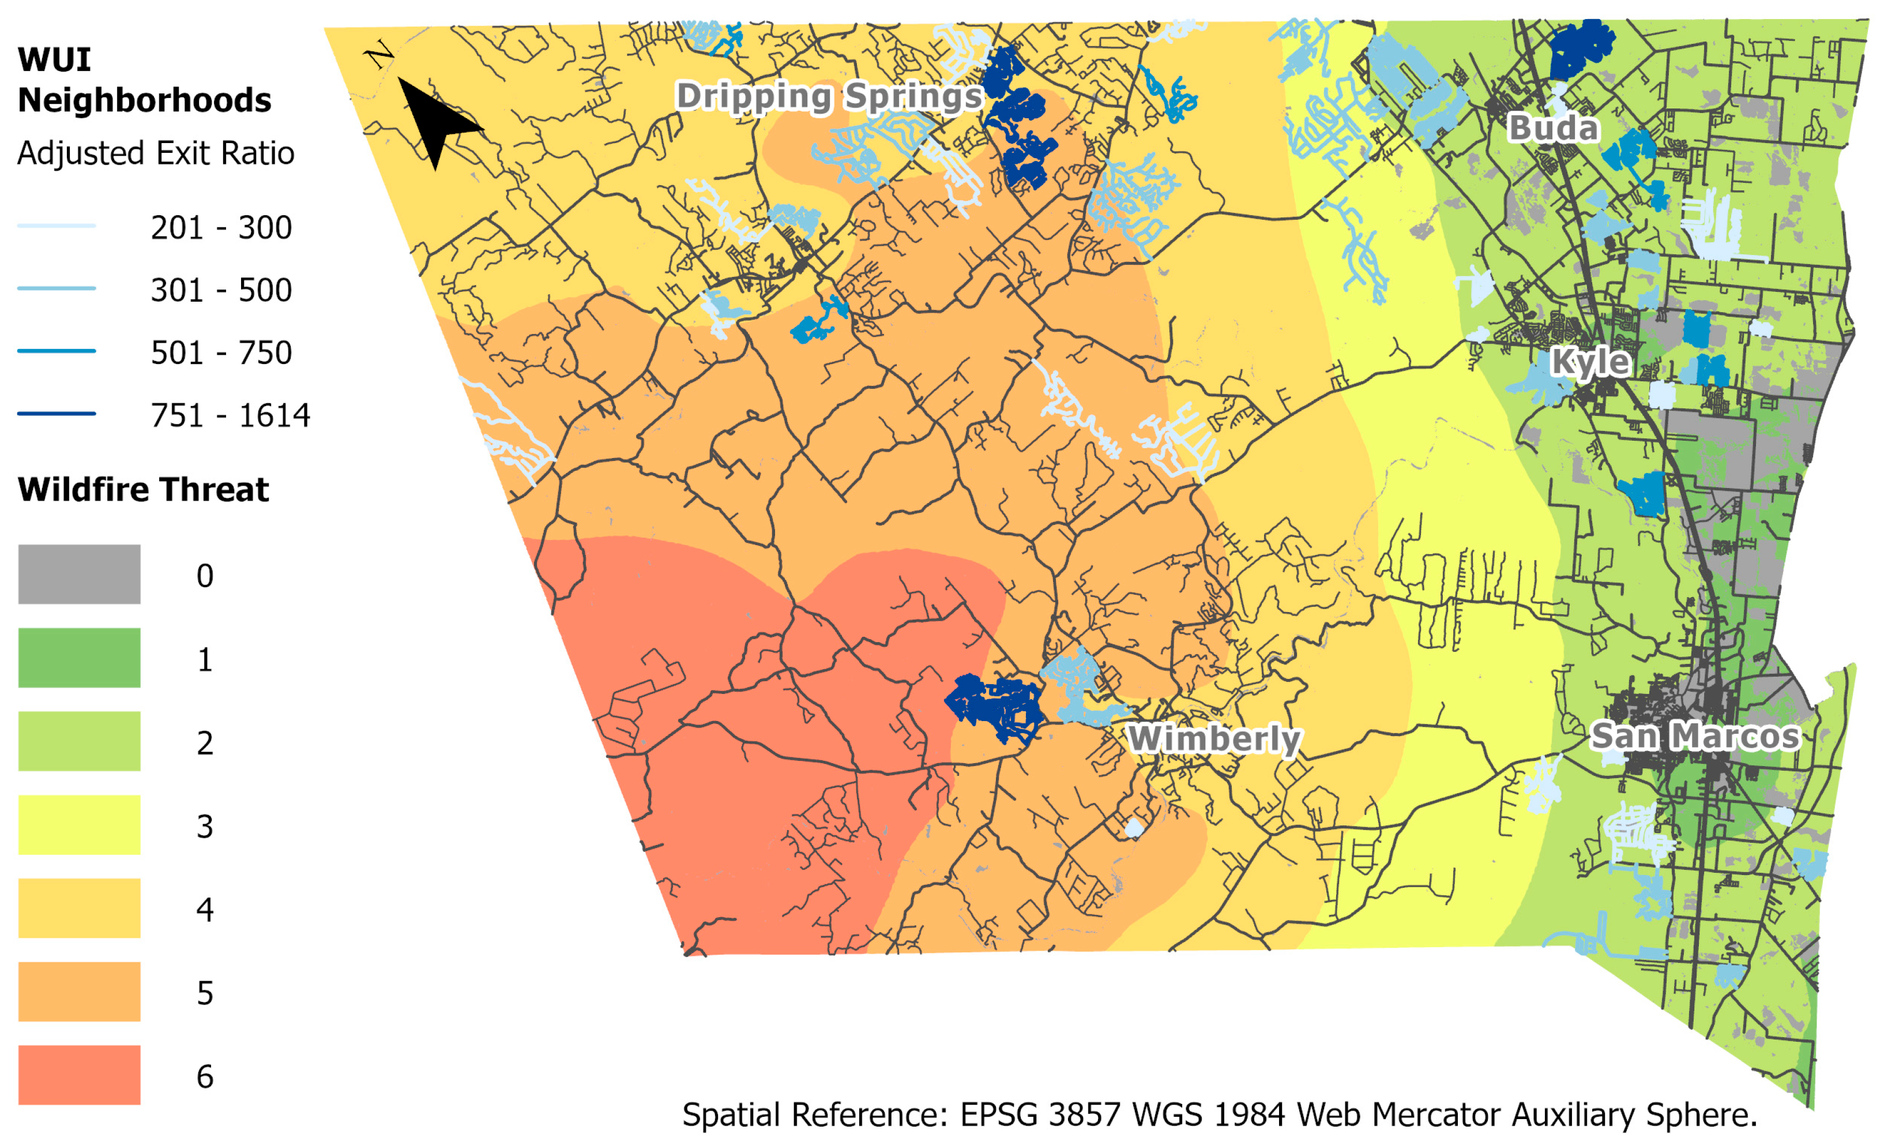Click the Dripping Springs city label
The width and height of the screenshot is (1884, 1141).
click(829, 97)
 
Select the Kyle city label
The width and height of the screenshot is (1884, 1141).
click(1590, 362)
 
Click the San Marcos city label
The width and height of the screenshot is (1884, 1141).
click(1696, 735)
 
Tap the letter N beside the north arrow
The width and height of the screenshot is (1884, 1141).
click(378, 55)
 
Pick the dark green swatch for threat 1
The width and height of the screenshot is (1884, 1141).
click(80, 658)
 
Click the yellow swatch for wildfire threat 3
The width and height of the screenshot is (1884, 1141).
click(80, 824)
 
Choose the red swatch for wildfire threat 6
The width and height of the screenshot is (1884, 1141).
click(80, 1075)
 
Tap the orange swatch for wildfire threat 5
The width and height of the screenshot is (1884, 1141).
click(80, 991)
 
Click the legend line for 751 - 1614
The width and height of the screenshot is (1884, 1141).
click(57, 414)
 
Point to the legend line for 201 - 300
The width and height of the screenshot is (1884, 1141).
click(57, 226)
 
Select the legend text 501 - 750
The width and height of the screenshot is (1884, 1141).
click(221, 352)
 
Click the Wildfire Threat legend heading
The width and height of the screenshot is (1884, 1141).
click(143, 489)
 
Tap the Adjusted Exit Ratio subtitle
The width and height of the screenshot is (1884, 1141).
click(155, 153)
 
